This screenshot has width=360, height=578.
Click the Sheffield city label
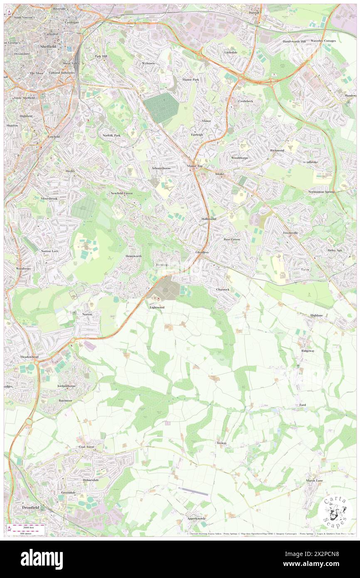pos(48,47)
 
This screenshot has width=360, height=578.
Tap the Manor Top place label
pos(195,166)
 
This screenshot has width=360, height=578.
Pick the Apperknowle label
pos(184,520)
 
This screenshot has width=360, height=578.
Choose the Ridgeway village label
pos(308,351)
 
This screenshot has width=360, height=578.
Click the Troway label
pos(222,443)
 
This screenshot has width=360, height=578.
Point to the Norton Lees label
pos(49,252)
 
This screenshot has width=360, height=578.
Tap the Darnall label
pos(254,13)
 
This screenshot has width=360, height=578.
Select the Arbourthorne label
pos(162,168)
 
